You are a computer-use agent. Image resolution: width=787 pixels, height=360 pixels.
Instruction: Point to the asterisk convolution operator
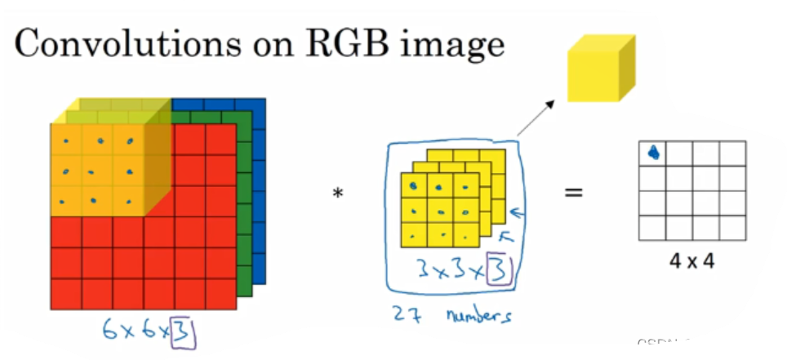click(337, 194)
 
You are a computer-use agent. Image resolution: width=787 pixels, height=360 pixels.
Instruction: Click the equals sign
click(575, 193)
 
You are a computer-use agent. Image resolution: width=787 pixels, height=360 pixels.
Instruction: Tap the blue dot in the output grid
click(653, 152)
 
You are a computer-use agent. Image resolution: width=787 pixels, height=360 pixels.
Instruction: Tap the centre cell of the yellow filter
click(439, 211)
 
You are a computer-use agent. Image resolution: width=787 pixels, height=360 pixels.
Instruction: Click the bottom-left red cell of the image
click(64, 290)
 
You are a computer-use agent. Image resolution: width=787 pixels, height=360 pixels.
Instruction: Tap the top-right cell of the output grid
click(731, 153)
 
